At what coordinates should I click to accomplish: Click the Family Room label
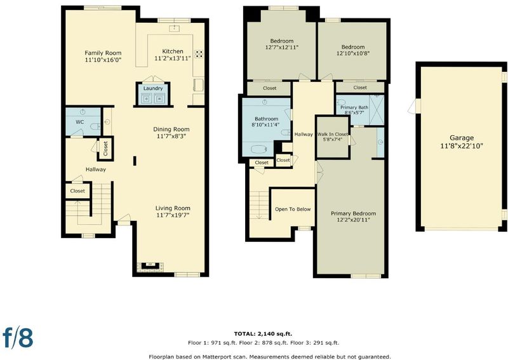[x=103, y=53]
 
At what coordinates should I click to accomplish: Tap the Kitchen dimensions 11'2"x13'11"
[x=173, y=58]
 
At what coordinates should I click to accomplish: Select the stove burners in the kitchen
[x=199, y=54]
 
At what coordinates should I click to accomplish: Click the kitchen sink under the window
[x=175, y=28]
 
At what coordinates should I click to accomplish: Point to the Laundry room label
[x=153, y=88]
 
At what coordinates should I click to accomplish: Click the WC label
[x=80, y=122]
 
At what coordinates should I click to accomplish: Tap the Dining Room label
[x=171, y=130]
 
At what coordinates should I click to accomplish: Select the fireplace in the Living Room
[x=150, y=266]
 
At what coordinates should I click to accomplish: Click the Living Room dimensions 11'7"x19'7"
[x=173, y=215]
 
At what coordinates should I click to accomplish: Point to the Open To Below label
[x=293, y=210]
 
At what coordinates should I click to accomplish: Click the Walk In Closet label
[x=332, y=134]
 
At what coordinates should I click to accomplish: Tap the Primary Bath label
[x=354, y=107]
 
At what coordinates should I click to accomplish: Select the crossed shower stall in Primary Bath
[x=377, y=110]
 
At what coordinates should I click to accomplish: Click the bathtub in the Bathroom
[x=258, y=150]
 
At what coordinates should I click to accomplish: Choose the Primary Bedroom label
[x=354, y=213]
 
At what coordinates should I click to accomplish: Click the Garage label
[x=462, y=138]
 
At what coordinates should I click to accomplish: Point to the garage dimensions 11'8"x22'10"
[x=462, y=146]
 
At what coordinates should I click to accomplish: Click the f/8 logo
[x=18, y=337]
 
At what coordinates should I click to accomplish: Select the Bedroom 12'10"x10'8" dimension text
[x=353, y=53]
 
